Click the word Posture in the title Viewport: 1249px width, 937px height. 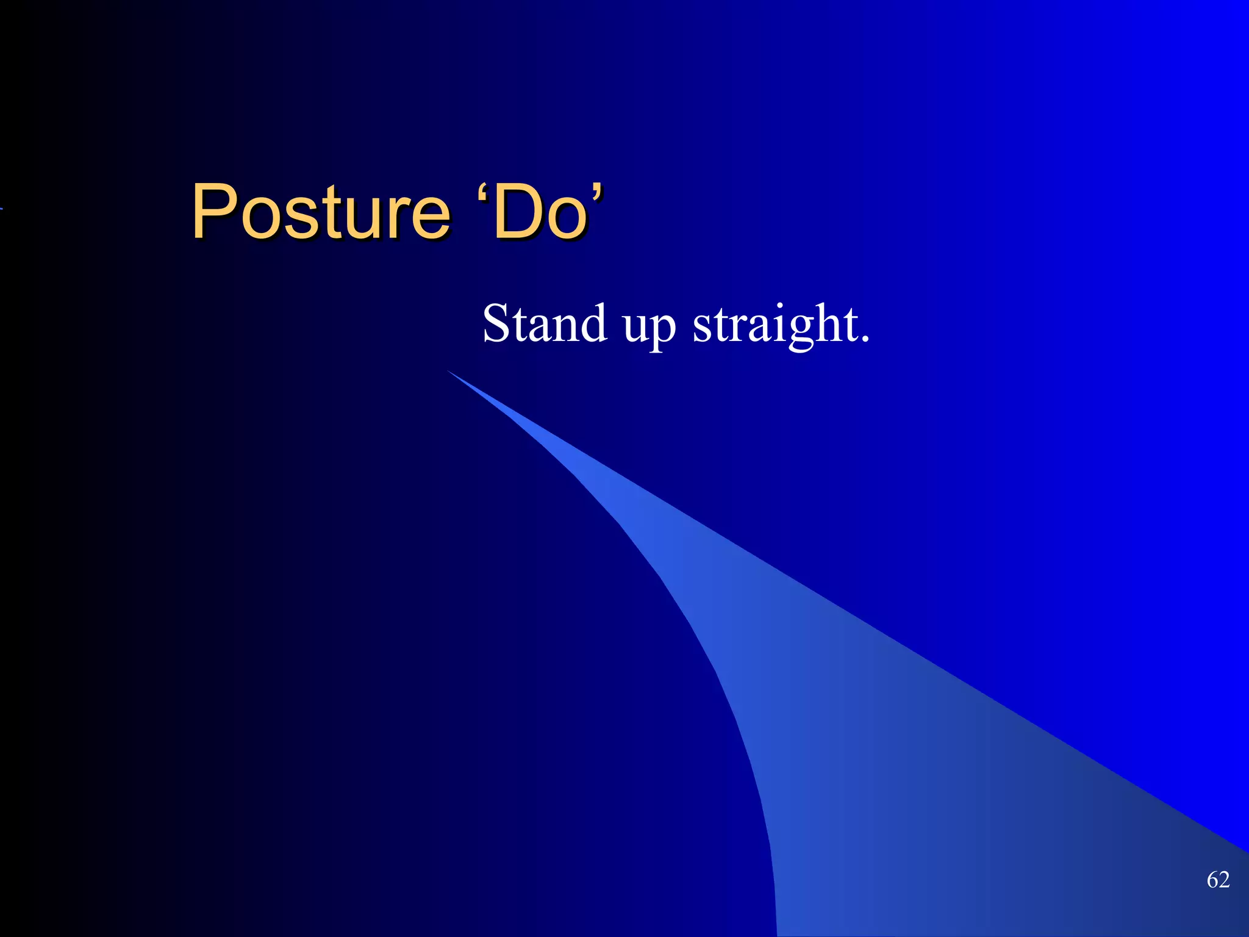tap(321, 212)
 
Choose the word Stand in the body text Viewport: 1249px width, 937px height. tap(545, 323)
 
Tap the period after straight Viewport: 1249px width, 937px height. tap(864, 339)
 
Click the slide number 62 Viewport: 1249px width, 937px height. tap(1218, 880)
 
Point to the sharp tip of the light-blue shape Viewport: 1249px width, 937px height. tap(449, 372)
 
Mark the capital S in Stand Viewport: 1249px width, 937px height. tap(496, 323)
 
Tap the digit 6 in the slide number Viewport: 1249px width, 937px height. tap(1212, 880)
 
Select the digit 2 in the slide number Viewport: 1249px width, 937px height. tap(1224, 880)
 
